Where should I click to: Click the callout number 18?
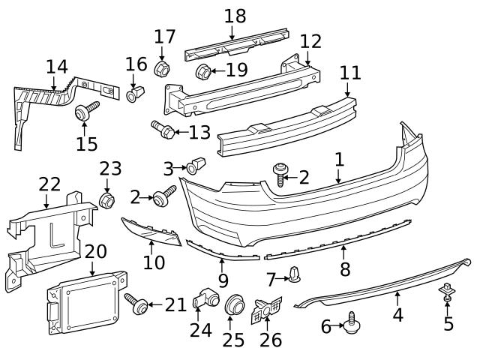[235, 16]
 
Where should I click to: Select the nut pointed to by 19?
[202, 73]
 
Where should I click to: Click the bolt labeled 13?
[163, 130]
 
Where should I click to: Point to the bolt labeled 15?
[84, 114]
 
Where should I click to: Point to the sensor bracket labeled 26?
[267, 310]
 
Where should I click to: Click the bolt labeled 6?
[352, 324]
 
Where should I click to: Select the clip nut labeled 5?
[447, 290]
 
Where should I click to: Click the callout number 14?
[56, 67]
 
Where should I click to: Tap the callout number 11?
[349, 73]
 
